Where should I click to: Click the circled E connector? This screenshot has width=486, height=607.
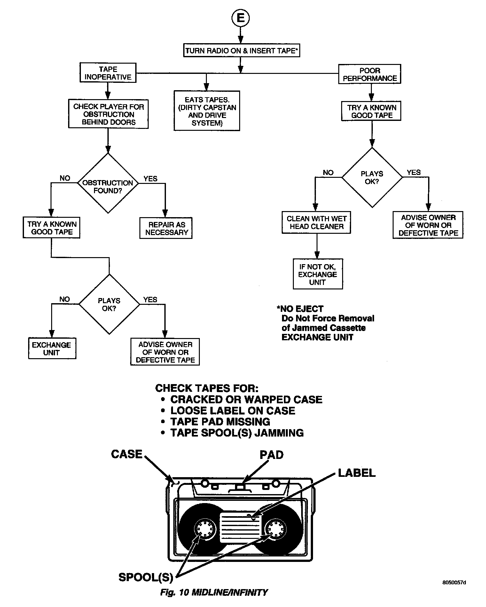click(240, 18)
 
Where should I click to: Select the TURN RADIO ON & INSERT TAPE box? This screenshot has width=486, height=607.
click(242, 51)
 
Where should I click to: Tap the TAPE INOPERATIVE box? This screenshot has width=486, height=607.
click(108, 73)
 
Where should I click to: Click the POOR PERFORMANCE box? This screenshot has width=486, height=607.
click(370, 75)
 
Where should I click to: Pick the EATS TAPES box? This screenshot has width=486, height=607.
click(207, 111)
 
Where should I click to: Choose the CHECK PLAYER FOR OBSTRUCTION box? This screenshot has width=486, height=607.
click(108, 114)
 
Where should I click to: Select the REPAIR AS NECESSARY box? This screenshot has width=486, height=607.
click(166, 228)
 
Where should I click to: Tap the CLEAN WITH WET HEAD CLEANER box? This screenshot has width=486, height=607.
click(316, 223)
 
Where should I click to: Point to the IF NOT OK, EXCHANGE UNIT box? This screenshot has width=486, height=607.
click(317, 274)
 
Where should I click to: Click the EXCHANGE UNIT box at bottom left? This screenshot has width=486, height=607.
click(52, 349)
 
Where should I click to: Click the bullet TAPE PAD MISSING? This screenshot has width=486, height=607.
click(220, 422)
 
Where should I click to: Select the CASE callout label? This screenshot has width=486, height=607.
click(127, 454)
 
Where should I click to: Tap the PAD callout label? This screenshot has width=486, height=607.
click(271, 455)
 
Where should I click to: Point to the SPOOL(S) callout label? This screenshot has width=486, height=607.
click(146, 577)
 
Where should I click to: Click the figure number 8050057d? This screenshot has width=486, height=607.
click(454, 582)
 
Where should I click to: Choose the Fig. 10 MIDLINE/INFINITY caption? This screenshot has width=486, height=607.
click(214, 593)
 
